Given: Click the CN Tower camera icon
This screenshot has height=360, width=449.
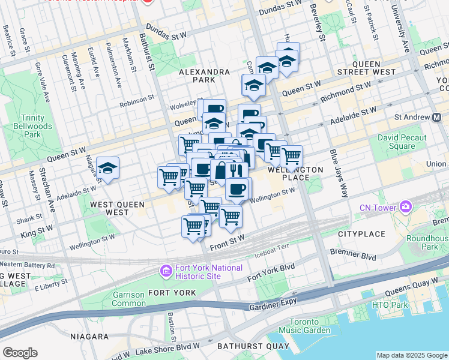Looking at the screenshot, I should [x=406, y=207].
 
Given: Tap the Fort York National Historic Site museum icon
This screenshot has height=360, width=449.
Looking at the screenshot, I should [x=165, y=272].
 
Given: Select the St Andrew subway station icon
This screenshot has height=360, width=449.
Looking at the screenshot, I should [x=439, y=116].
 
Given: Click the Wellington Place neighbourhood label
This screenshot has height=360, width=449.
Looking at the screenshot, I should [x=295, y=174].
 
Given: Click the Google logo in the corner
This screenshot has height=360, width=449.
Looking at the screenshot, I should [x=20, y=353].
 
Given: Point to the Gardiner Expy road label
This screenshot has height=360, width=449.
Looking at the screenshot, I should [x=273, y=307].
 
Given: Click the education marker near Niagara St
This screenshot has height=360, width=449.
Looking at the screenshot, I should [x=107, y=169].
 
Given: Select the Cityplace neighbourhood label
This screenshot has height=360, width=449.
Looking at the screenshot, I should [x=360, y=233].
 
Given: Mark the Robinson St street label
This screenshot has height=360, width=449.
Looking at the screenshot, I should [x=138, y=103].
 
